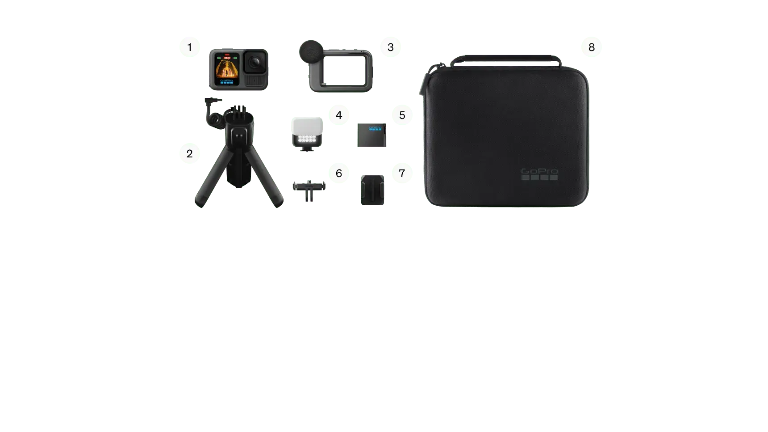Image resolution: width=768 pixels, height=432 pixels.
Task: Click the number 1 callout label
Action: point(189,47)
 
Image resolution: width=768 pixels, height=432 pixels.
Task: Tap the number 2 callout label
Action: point(189,154)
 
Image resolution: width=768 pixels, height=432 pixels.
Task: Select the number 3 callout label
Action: point(391,47)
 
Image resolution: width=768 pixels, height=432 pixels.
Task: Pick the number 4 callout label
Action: point(339,115)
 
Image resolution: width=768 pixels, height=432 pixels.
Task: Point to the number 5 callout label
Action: point(402,115)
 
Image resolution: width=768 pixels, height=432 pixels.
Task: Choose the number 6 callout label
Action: point(339,173)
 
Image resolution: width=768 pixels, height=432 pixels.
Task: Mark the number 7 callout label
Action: point(402,173)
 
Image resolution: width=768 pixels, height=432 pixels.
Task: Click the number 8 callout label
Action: point(591,47)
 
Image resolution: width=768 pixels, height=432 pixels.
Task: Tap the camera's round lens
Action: point(255,62)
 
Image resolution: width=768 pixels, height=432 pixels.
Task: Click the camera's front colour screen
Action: point(226,69)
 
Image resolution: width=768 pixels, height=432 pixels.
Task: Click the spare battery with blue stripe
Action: point(372,136)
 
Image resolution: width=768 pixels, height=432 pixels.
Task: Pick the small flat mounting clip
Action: point(309,186)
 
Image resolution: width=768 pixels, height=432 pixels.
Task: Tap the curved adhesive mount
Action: point(372,190)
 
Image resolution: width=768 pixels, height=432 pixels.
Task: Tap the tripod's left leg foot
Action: point(199,203)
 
